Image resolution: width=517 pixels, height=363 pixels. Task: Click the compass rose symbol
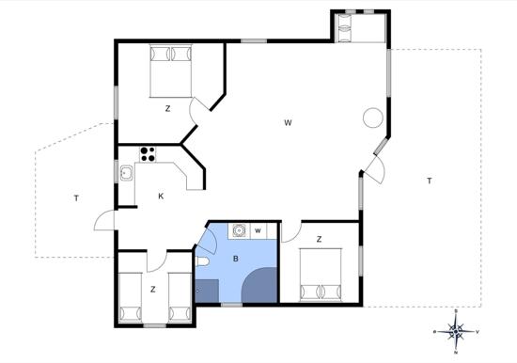456,331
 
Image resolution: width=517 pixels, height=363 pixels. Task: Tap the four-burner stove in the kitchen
148,154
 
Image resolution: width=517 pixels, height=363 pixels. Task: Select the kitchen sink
126,173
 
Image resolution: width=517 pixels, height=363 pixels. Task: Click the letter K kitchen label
161,197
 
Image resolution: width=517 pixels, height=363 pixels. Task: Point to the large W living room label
288,123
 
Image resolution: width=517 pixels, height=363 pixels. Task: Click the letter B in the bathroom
235,259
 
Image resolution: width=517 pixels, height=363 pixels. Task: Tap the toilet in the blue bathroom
202,261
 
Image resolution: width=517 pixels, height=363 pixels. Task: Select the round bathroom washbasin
239,230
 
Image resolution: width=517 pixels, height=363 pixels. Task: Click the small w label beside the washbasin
258,230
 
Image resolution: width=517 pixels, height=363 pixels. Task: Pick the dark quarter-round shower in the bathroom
259,285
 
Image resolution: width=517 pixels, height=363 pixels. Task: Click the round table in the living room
373,118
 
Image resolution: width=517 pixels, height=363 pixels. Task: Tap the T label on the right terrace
429,181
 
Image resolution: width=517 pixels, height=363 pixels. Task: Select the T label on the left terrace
76,198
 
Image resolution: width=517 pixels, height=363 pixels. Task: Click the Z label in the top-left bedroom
167,108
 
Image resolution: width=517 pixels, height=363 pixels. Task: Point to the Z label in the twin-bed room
152,290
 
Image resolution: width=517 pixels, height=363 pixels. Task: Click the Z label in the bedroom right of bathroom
319,239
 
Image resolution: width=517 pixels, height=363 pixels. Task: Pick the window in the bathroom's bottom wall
231,305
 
